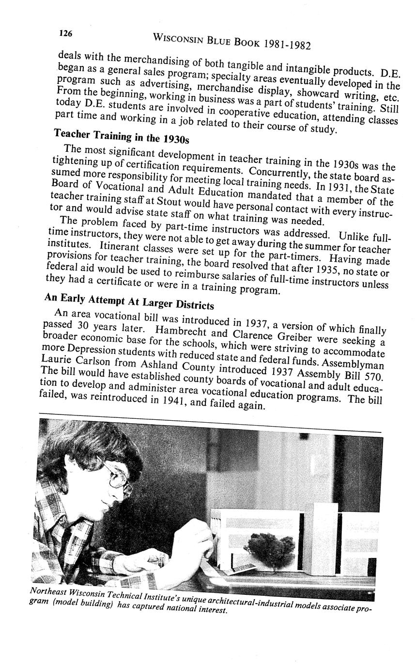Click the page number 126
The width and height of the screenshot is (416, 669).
pos(65,33)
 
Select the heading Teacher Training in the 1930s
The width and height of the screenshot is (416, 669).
pos(121,136)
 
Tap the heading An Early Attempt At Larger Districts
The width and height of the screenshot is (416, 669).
pos(129,301)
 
